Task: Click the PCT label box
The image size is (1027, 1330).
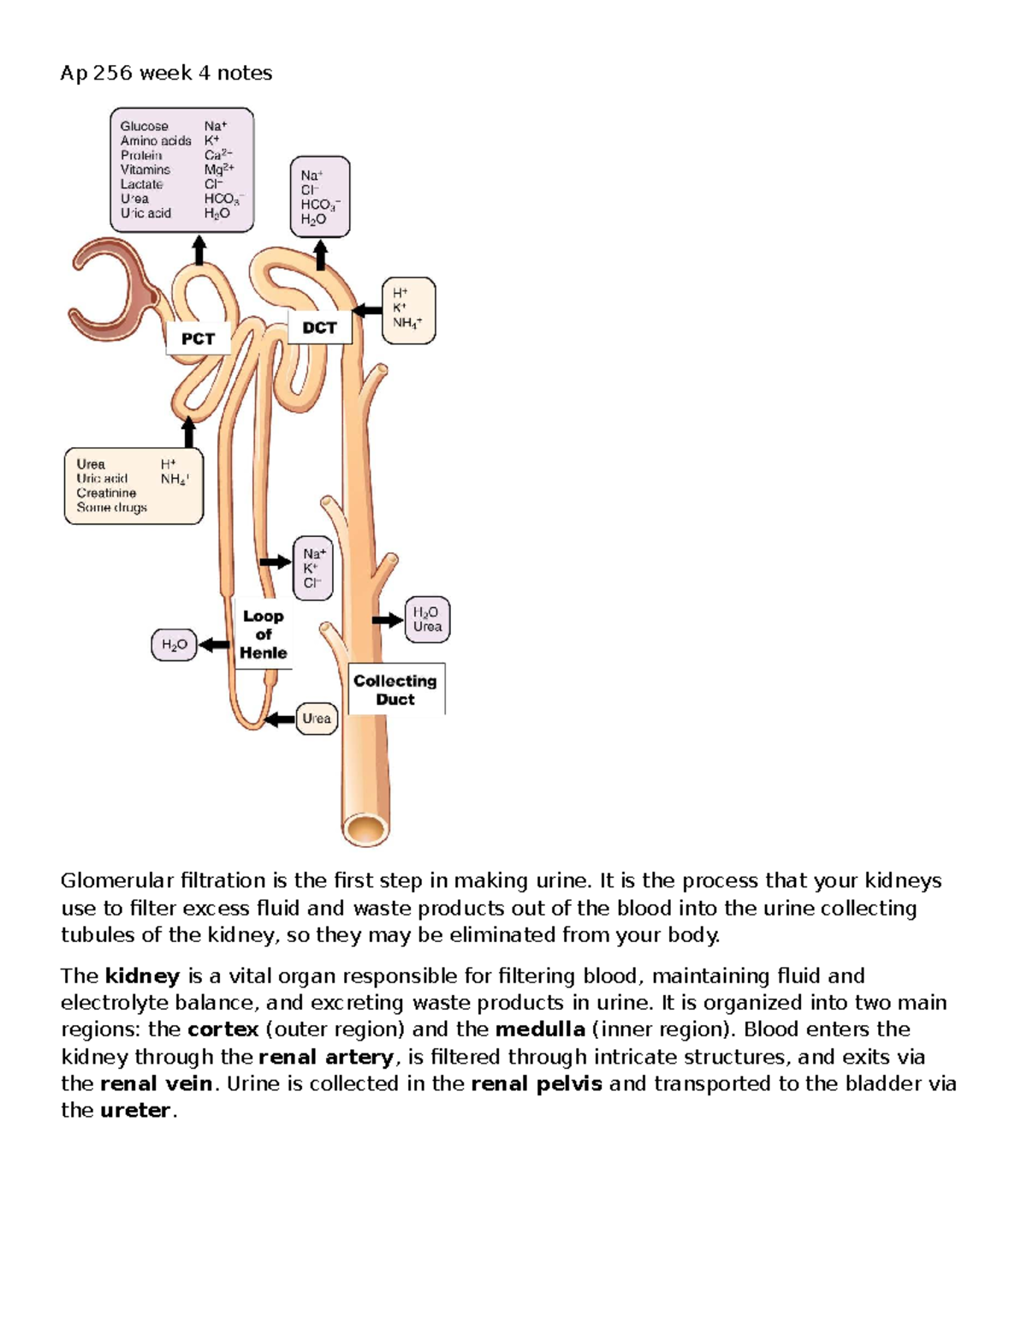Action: (x=199, y=338)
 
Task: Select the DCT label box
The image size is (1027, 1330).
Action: (x=319, y=327)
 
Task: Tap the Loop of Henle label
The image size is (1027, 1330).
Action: (x=263, y=634)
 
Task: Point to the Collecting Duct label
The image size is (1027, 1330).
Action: (x=395, y=689)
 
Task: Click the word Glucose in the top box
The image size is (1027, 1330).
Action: (x=145, y=126)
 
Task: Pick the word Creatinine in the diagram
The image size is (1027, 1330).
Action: (x=106, y=492)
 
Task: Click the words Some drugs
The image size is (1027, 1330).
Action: (x=112, y=507)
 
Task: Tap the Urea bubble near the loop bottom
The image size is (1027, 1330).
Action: (x=317, y=719)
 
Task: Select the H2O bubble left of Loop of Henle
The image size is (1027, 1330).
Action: (x=175, y=645)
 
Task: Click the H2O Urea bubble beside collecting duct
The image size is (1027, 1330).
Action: (x=428, y=619)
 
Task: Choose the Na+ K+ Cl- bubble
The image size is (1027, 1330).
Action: (x=313, y=568)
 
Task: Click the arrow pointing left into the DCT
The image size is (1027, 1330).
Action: (x=367, y=310)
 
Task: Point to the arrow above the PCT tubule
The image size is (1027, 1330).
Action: (x=199, y=250)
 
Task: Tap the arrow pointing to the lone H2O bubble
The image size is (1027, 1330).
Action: (x=214, y=645)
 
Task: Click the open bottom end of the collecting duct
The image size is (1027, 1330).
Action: (x=365, y=829)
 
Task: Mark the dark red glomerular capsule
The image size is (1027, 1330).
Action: (x=113, y=289)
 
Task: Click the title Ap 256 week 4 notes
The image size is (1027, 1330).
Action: (x=166, y=74)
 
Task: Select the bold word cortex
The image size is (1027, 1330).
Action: (x=223, y=1030)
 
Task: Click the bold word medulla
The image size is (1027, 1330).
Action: (x=540, y=1029)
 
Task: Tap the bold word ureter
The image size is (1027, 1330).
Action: (x=136, y=1110)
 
